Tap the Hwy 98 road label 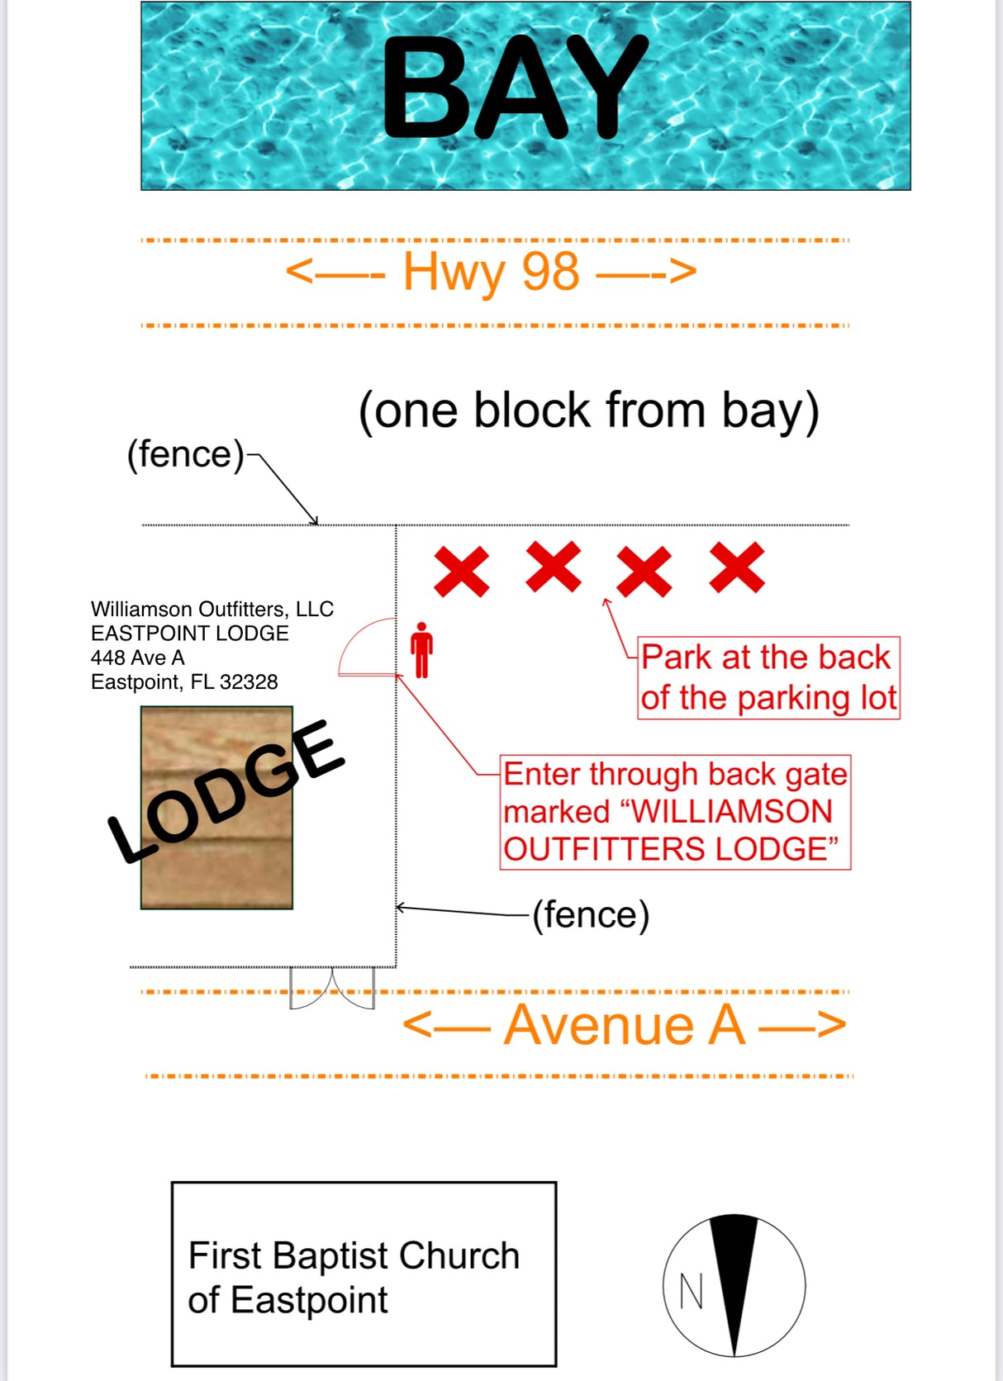click(x=491, y=272)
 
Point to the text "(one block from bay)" click(x=588, y=411)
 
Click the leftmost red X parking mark click(x=461, y=571)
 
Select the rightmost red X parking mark click(x=736, y=567)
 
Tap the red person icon click(x=422, y=650)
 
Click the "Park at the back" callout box click(x=768, y=678)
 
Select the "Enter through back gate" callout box click(x=675, y=812)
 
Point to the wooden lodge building click(x=216, y=808)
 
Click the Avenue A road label click(x=624, y=1025)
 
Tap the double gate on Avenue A click(x=332, y=988)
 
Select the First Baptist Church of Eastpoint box click(x=364, y=1274)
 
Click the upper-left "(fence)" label click(x=185, y=454)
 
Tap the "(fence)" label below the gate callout click(x=591, y=915)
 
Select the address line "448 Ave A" click(x=138, y=657)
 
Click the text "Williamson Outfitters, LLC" click(x=212, y=610)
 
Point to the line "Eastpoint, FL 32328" click(x=184, y=682)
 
